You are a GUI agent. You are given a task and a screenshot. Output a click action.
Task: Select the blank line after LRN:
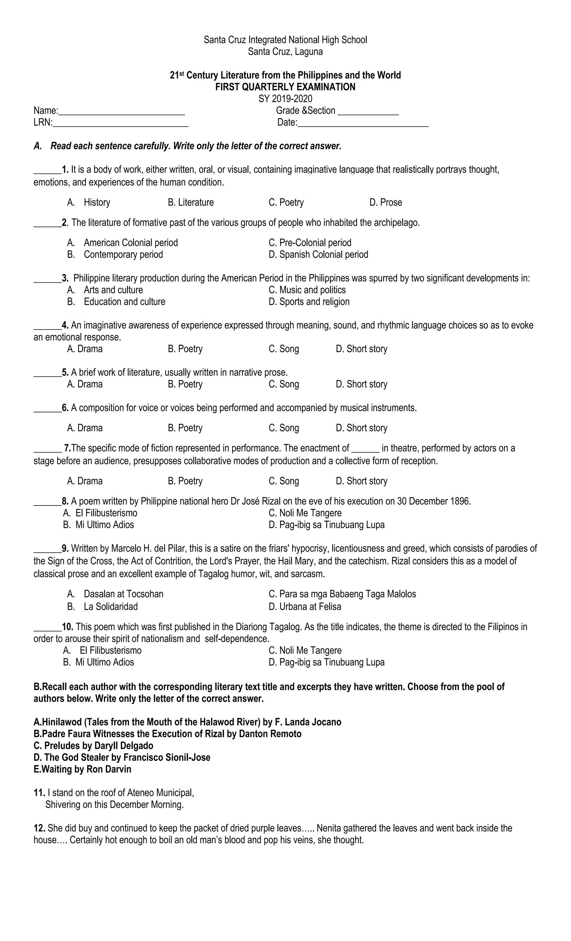120,123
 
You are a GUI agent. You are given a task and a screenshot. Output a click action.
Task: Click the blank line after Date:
363,123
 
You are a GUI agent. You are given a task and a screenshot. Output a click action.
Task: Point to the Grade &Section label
305,111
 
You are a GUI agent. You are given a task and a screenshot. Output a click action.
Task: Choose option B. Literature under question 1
191,203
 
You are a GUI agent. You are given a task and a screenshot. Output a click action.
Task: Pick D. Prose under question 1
386,203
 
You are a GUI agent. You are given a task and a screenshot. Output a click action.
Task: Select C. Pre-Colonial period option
310,243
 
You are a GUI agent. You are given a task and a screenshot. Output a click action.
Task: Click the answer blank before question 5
47,373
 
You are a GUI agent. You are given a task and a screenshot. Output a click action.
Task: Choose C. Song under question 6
284,428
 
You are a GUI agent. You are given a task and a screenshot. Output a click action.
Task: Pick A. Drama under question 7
85,481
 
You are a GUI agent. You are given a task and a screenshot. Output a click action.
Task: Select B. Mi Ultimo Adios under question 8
98,525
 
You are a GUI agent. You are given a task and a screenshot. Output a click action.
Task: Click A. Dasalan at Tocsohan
115,594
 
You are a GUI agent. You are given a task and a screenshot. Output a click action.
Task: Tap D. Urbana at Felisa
305,607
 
